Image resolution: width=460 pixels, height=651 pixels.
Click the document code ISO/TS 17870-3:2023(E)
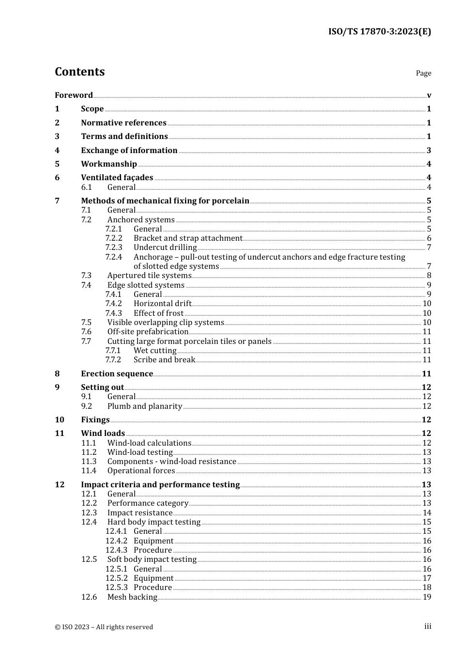pyautogui.click(x=379, y=31)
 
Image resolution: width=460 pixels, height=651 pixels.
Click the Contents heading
pyautogui.click(x=79, y=72)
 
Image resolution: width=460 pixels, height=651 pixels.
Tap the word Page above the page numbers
pyautogui.click(x=423, y=73)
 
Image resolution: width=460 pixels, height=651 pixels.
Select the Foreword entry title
pyautogui.click(x=74, y=95)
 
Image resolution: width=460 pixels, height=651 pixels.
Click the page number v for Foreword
pyautogui.click(x=429, y=95)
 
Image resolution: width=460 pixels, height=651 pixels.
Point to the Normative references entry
pyautogui.click(x=123, y=123)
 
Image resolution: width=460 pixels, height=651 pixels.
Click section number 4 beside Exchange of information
pyautogui.click(x=57, y=150)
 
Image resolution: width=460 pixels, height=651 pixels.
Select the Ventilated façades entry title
pyautogui.click(x=117, y=177)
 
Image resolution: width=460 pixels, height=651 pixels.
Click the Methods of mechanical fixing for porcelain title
pyautogui.click(x=165, y=201)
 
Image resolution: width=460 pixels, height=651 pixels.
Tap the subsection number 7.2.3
pyautogui.click(x=114, y=248)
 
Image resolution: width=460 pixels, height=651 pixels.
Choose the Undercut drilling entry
pyautogui.click(x=165, y=248)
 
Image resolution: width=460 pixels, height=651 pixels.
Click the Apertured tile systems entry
pyautogui.click(x=149, y=276)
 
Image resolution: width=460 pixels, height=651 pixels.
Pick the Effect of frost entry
pyautogui.click(x=158, y=313)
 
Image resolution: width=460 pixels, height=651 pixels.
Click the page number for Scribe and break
pyautogui.click(x=427, y=360)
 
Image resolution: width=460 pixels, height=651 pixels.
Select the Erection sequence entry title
pyautogui.click(x=117, y=373)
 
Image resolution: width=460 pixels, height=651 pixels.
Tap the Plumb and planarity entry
pyautogui.click(x=145, y=406)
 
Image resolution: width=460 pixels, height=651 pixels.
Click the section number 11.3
pyautogui.click(x=89, y=462)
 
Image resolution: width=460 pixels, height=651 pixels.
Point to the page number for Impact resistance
pyautogui.click(x=427, y=512)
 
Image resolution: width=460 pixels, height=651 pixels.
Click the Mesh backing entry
pyautogui.click(x=132, y=597)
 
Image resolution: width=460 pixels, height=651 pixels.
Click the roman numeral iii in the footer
pyautogui.click(x=428, y=626)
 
